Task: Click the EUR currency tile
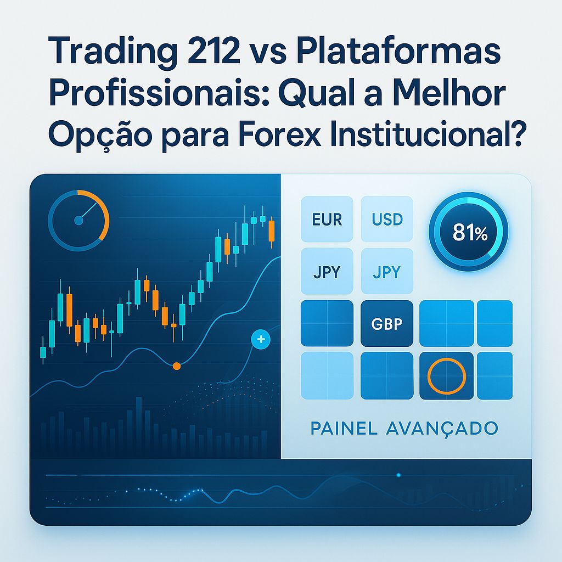click(x=327, y=220)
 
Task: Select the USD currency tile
click(x=387, y=220)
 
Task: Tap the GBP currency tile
click(x=387, y=323)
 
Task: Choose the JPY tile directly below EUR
click(x=327, y=272)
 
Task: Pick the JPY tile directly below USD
click(x=387, y=272)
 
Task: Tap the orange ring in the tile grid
click(x=446, y=376)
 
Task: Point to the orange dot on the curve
click(x=176, y=366)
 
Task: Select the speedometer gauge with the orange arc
click(x=78, y=220)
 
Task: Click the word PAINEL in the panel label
click(x=344, y=428)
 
